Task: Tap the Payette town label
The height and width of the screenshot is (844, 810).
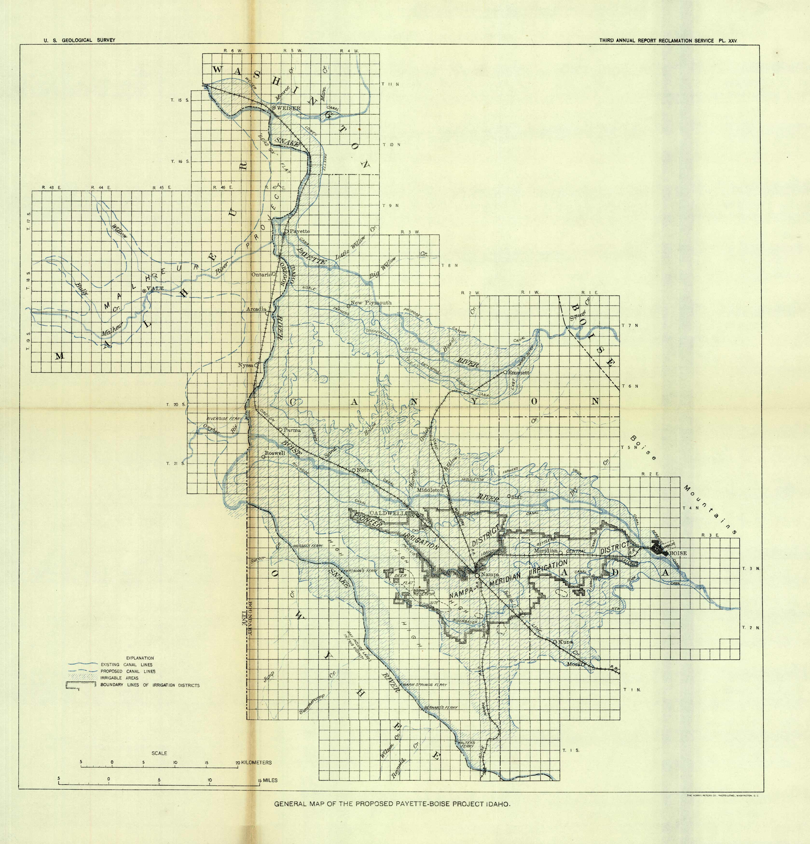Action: point(299,231)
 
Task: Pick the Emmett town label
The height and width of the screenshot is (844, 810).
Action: point(519,373)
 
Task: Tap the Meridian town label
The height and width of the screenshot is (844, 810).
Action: point(545,551)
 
